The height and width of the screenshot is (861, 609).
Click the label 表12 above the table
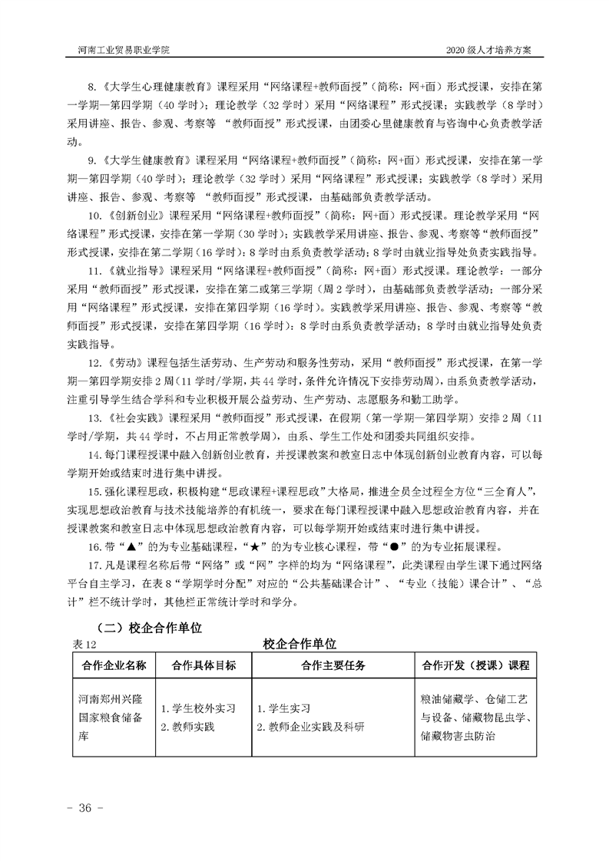coord(81,643)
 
